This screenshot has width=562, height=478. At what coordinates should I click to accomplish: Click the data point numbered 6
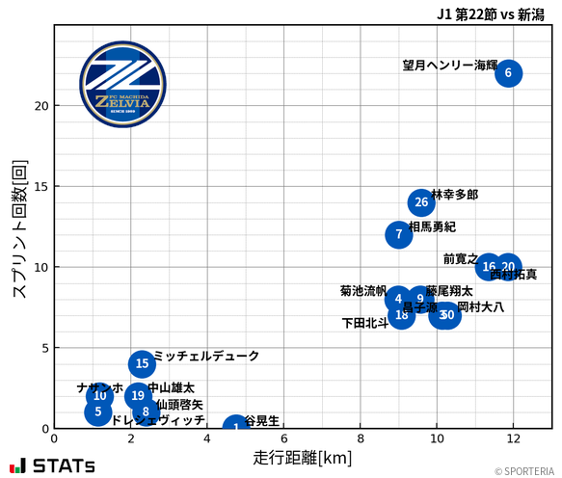click(x=508, y=73)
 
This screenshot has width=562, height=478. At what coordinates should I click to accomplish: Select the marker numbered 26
click(x=420, y=202)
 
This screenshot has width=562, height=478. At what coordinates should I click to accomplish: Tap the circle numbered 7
click(x=398, y=234)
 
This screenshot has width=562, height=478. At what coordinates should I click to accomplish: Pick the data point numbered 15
click(x=142, y=363)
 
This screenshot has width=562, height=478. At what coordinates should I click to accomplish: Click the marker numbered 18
click(x=402, y=315)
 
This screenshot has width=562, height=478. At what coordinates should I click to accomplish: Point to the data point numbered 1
click(x=236, y=427)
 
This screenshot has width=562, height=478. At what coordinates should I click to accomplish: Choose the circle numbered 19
click(x=138, y=395)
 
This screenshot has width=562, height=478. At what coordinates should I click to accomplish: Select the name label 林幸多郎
click(x=454, y=195)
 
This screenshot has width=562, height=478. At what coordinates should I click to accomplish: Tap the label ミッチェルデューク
click(x=206, y=357)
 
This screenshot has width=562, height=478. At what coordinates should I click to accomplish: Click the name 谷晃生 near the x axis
click(x=262, y=421)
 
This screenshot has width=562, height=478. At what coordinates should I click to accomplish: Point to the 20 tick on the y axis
click(x=41, y=105)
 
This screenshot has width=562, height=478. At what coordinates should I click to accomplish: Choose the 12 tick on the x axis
click(x=514, y=438)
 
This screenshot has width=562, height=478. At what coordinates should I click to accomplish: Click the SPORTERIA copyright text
click(x=524, y=471)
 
